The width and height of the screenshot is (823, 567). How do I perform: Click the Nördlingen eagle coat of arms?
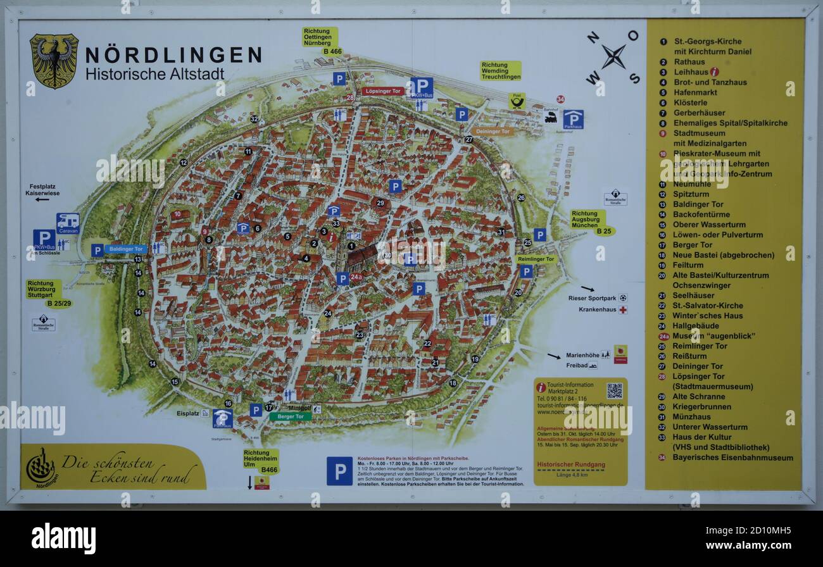click(54, 61)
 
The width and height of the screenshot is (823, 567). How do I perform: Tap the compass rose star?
click(613, 57)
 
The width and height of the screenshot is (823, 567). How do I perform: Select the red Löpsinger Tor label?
click(383, 91)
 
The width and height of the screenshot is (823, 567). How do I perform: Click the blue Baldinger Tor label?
click(126, 249)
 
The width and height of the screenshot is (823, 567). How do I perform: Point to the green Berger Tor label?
click(291, 416)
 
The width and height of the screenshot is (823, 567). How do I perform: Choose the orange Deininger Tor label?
click(492, 132)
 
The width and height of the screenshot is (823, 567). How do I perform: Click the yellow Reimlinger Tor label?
click(536, 259)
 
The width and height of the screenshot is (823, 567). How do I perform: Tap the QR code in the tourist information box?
click(613, 391)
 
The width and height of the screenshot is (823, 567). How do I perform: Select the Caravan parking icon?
click(68, 222)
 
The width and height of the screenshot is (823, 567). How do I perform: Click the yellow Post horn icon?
click(517, 101)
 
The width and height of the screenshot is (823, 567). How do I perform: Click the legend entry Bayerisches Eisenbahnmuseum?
click(733, 458)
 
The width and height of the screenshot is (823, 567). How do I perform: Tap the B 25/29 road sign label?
click(59, 304)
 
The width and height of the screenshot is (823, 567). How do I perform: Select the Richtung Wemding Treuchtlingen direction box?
click(500, 70)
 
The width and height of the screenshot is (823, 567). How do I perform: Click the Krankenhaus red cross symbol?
click(623, 310)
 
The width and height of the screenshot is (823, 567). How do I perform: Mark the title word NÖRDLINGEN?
click(173, 56)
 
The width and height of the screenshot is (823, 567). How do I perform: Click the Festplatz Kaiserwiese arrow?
click(42, 199)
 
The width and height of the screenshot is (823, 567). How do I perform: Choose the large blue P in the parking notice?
click(339, 471)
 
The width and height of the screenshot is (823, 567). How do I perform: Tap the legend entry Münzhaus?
click(692, 417)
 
